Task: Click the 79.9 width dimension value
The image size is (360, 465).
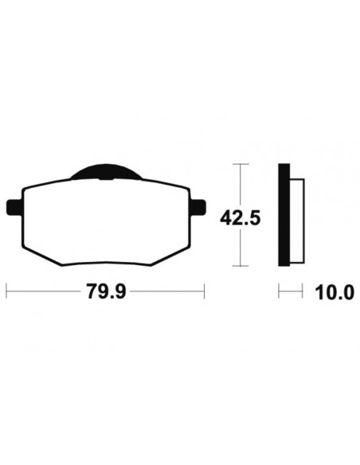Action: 106,291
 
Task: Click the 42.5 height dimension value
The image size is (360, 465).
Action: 241,218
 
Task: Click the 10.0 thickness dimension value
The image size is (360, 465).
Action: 335,292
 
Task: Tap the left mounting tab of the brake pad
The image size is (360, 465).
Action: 14,207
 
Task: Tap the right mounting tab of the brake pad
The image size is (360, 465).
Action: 198,207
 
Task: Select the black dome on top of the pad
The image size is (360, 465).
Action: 106,172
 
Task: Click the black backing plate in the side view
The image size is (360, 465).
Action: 284,214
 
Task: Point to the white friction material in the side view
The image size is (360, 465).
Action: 297,221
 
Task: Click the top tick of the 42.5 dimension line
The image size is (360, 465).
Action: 241,164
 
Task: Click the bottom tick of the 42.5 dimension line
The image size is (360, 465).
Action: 241,266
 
